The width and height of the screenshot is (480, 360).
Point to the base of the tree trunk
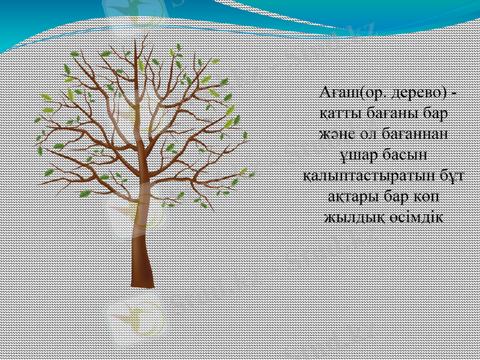pyautogui.click(x=143, y=282)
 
